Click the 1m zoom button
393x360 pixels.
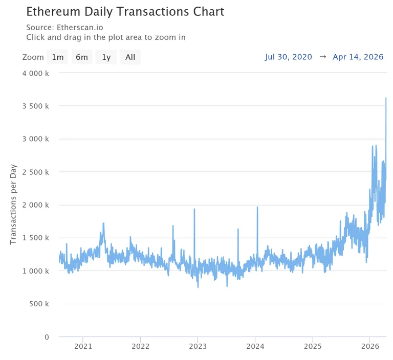[x=58, y=57]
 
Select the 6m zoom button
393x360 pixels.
[x=82, y=57]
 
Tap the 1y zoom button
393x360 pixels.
[x=106, y=57]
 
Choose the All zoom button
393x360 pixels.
[x=130, y=57]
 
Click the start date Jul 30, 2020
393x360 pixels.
[x=289, y=57]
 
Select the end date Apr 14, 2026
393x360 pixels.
[x=358, y=57]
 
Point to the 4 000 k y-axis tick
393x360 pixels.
[x=36, y=74]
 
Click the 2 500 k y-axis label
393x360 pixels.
[x=36, y=172]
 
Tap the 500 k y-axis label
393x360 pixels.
[x=39, y=304]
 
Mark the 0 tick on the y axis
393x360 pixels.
[x=47, y=337]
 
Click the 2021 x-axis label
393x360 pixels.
[x=83, y=346]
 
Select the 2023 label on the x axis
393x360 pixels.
[x=198, y=346]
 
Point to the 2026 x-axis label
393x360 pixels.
[x=370, y=346]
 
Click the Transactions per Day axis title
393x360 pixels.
[x=13, y=205]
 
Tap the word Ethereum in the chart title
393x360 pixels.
[x=54, y=12]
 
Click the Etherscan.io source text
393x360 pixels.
[x=80, y=27]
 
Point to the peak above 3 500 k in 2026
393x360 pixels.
[x=386, y=98]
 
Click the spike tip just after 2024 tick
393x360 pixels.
[x=257, y=207]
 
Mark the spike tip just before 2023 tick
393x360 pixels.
[x=194, y=209]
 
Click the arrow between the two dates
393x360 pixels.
[x=323, y=57]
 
